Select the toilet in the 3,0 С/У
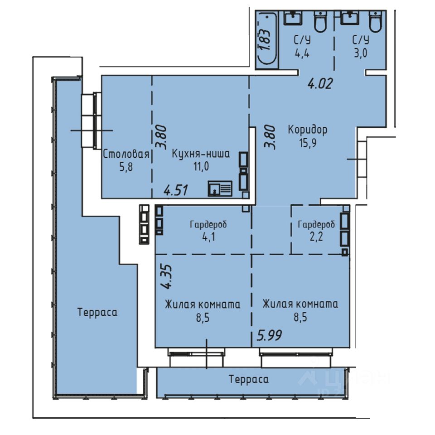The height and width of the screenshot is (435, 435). click(x=377, y=21)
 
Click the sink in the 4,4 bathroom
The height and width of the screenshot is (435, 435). click(x=293, y=18)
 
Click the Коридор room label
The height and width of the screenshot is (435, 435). click(x=307, y=130)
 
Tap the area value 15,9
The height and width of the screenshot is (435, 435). click(x=308, y=143)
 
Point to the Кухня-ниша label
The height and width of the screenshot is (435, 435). click(x=201, y=154)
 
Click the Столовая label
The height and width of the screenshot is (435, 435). click(x=126, y=154)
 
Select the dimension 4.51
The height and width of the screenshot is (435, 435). click(x=176, y=190)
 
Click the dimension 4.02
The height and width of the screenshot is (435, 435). click(x=320, y=83)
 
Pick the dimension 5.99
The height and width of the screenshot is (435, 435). click(x=269, y=335)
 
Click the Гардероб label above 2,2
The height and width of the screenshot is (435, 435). click(x=316, y=224)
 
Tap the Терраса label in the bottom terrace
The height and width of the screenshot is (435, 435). click(x=249, y=379)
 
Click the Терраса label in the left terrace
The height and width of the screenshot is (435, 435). click(x=97, y=312)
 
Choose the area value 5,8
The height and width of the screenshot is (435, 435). click(x=126, y=167)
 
